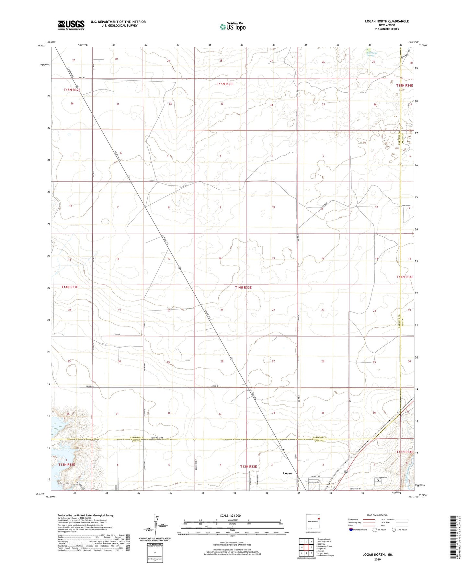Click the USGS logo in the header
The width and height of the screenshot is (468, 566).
click(71, 25)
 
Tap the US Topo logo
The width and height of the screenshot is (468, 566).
click(233, 26)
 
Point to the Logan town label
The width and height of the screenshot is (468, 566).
click(287, 473)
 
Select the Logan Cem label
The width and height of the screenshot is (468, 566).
click(382, 478)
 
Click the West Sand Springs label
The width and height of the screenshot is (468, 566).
click(372, 54)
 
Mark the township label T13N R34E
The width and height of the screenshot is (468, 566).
click(405, 452)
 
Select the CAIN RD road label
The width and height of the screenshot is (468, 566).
click(184, 186)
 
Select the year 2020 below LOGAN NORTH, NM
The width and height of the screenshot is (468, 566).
click(377, 559)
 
